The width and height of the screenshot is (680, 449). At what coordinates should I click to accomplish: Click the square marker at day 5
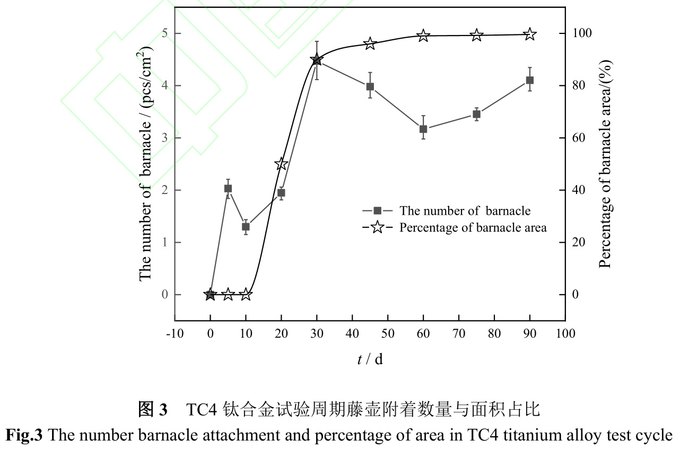point(228,189)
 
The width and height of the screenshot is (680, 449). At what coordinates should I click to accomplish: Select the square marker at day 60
point(423,129)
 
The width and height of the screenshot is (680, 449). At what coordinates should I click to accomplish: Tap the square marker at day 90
point(529,80)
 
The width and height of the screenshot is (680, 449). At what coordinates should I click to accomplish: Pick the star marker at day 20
point(281,164)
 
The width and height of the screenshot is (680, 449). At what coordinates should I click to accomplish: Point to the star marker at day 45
point(370,43)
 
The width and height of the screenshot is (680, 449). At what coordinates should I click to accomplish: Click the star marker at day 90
point(529,34)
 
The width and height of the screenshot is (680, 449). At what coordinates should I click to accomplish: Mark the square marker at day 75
point(476,114)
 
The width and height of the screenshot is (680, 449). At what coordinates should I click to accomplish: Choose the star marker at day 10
point(246,294)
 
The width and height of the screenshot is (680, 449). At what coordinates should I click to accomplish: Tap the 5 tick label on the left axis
point(163,34)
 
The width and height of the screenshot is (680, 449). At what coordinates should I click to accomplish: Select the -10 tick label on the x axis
point(175,333)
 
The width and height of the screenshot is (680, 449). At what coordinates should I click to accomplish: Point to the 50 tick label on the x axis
point(388,333)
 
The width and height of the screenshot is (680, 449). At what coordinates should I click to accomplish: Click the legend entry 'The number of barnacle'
point(465,211)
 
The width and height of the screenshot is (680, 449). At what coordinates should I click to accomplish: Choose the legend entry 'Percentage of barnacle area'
point(473,228)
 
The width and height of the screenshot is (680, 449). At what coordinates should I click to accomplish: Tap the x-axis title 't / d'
point(370,359)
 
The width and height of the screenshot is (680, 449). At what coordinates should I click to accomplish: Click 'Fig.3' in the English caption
point(25,436)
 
